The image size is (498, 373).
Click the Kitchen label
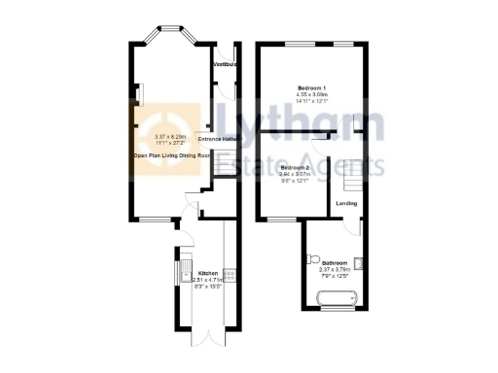[208, 273]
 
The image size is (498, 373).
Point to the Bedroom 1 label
[310, 89]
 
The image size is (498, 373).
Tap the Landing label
[345, 204]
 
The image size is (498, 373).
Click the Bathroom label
[336, 263]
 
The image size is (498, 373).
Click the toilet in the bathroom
[310, 258]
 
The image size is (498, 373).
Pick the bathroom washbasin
[360, 260]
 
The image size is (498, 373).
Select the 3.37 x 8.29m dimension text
[171, 137]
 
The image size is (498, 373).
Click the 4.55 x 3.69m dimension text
[311, 95]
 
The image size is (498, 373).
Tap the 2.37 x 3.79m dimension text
[336, 269]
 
